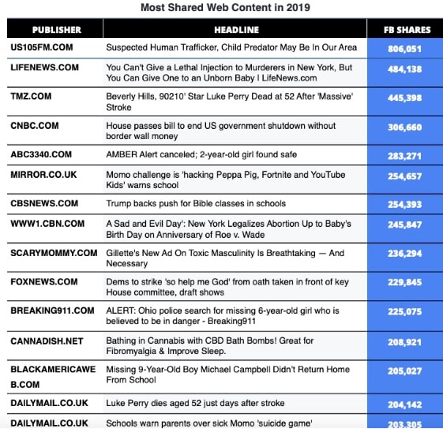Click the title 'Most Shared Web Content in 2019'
[225, 8]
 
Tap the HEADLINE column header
[235, 30]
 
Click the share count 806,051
[405, 48]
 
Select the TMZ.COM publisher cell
[31, 96]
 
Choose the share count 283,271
[405, 155]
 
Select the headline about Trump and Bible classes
[196, 204]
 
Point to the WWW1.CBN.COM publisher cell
[47, 224]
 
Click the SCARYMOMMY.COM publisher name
[54, 253]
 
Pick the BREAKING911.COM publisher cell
[52, 310]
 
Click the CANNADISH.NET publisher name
[47, 341]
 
